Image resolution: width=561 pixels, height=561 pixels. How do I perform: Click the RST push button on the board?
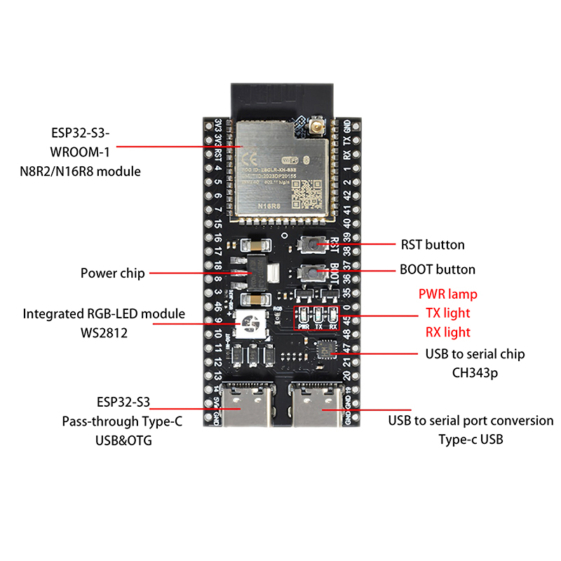click(309, 244)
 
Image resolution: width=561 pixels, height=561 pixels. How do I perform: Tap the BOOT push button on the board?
click(309, 271)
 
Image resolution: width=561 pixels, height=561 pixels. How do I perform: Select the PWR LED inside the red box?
click(304, 315)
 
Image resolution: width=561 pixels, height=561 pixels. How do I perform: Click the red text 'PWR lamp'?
click(447, 294)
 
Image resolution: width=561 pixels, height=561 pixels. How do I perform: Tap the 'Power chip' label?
click(113, 273)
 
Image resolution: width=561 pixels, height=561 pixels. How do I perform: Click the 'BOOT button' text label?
click(437, 269)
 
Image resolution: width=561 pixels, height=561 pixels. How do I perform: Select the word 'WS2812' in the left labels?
click(104, 332)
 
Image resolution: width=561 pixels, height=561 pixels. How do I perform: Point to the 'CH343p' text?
click(475, 373)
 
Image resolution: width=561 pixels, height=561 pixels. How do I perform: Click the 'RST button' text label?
click(433, 245)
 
